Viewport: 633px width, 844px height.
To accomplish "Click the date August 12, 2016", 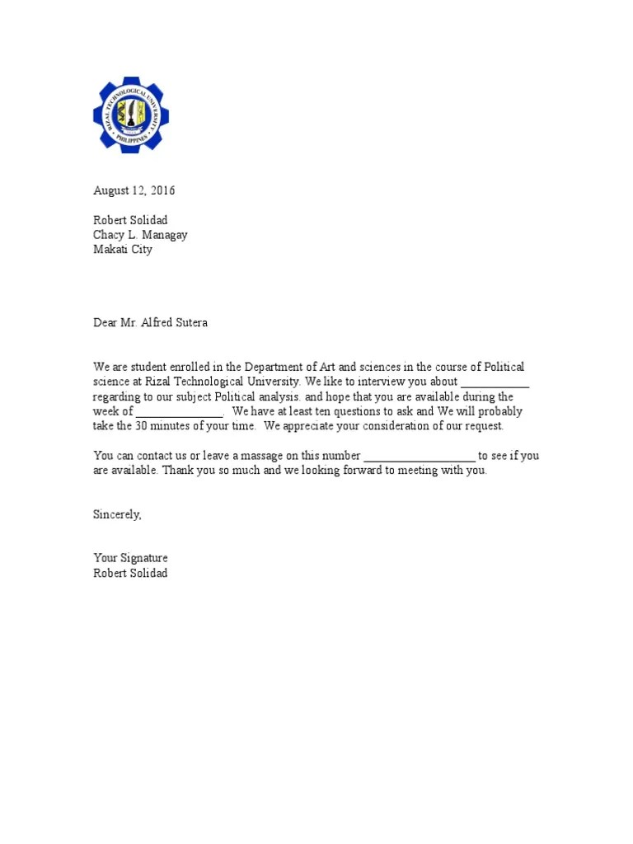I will pyautogui.click(x=134, y=191).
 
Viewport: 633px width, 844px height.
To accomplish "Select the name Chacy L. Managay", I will pyautogui.click(x=140, y=235).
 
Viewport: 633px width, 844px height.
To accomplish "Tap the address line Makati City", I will pyautogui.click(x=123, y=250).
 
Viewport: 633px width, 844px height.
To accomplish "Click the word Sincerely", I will pyautogui.click(x=117, y=514).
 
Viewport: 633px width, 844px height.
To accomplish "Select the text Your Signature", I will pyautogui.click(x=130, y=558).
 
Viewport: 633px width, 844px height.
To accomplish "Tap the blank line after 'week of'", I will pyautogui.click(x=179, y=412).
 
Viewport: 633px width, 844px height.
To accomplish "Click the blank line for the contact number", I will pyautogui.click(x=420, y=456).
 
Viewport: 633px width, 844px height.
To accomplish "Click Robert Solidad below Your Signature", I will pyautogui.click(x=130, y=573).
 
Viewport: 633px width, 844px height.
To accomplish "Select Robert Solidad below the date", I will pyautogui.click(x=130, y=220).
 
